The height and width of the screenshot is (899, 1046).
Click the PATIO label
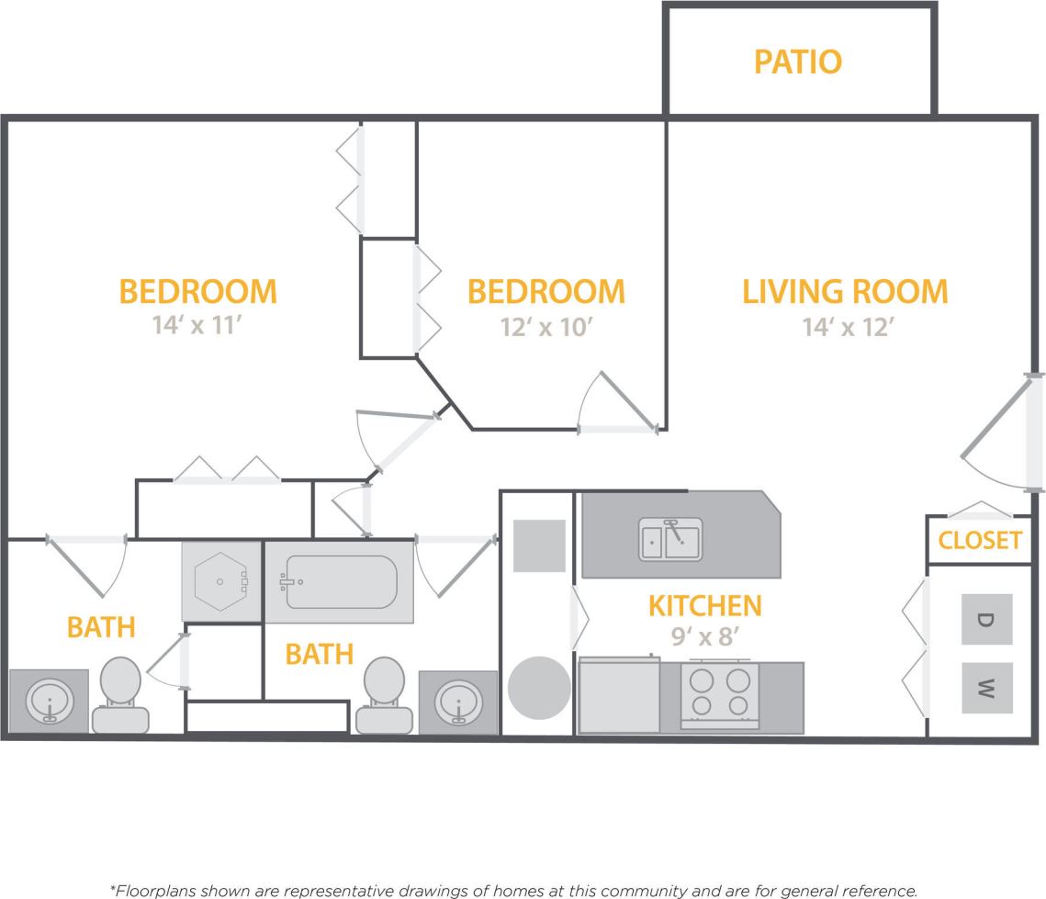click(797, 62)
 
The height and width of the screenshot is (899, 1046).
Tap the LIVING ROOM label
click(844, 291)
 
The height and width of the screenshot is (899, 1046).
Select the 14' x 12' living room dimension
click(844, 327)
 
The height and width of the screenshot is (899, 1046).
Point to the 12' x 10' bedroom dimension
click(545, 327)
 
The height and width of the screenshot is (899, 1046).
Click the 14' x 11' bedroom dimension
click(197, 327)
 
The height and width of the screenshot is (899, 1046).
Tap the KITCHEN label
click(705, 606)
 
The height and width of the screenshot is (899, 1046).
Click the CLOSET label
click(980, 540)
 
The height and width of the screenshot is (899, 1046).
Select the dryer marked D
click(986, 619)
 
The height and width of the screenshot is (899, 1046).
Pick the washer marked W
click(986, 688)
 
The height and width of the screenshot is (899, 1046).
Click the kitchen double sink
click(670, 539)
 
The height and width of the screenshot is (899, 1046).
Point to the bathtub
click(340, 582)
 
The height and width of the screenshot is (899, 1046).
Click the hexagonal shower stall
click(219, 582)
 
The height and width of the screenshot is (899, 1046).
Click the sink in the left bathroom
click(49, 702)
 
